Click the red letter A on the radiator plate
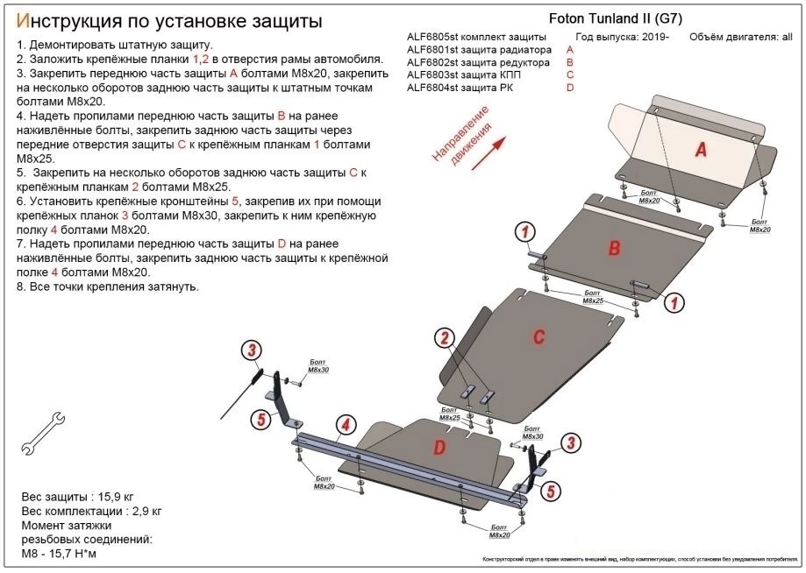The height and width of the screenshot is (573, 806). pos(701,150)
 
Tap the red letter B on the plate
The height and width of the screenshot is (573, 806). pos(615,248)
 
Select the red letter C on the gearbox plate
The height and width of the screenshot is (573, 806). pos(539,335)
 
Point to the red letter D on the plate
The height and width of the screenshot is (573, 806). pos(439,448)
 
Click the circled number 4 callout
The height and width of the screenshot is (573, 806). pos(346,426)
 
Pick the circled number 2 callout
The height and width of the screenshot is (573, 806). pos(446,339)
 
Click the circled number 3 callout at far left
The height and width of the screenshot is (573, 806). pos(252,351)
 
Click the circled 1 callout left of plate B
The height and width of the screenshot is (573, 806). pos(524,232)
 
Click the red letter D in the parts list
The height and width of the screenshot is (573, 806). pos(570,87)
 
